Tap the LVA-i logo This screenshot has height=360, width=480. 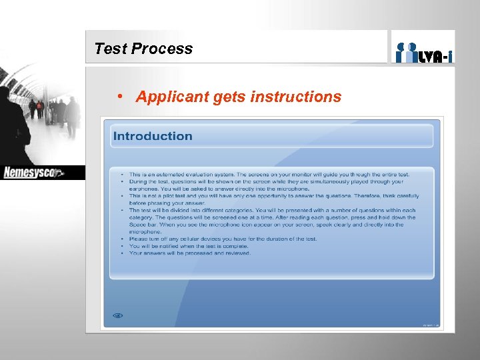pyautogui.click(x=423, y=51)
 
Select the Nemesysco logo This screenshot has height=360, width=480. pyautogui.click(x=33, y=173)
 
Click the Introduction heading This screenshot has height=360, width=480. pyautogui.click(x=153, y=136)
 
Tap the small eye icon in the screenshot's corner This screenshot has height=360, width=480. pyautogui.click(x=118, y=315)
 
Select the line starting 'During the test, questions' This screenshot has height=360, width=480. pyautogui.click(x=267, y=181)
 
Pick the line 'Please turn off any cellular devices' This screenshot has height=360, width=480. pyautogui.click(x=223, y=239)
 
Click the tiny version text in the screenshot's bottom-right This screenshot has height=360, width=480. pyautogui.click(x=430, y=325)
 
